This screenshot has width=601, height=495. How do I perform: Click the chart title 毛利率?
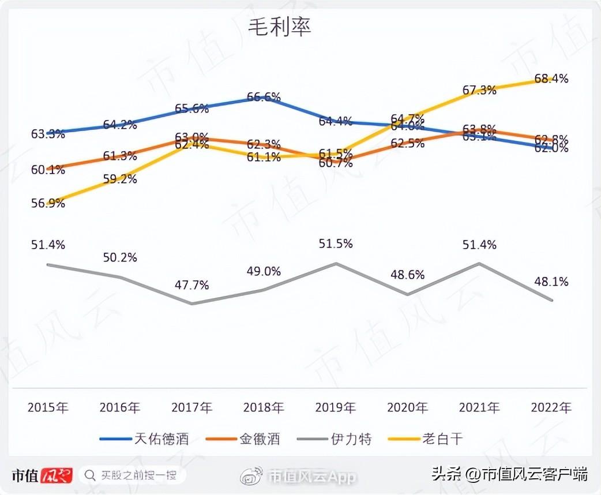pyautogui.click(x=280, y=27)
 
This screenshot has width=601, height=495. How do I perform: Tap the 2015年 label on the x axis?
pyautogui.click(x=48, y=408)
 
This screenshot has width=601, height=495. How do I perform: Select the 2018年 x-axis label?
pyautogui.click(x=264, y=408)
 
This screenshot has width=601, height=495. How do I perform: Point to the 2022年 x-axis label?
pyautogui.click(x=551, y=408)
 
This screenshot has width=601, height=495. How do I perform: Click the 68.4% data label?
pyautogui.click(x=551, y=78)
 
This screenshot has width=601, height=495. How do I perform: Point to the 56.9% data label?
pyautogui.click(x=48, y=203)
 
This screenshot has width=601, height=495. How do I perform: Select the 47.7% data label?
pyautogui.click(x=191, y=285)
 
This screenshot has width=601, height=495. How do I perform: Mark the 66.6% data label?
pyautogui.click(x=264, y=97)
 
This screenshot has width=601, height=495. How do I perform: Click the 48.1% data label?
pyautogui.click(x=551, y=282)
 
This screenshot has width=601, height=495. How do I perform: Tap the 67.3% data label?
pyautogui.click(x=479, y=90)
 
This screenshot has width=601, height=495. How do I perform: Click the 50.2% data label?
pyautogui.click(x=120, y=257)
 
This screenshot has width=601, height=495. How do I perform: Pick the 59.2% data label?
pyautogui.click(x=120, y=179)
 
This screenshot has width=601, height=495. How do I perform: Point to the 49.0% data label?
pyautogui.click(x=264, y=271)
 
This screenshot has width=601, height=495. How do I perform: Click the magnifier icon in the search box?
pyautogui.click(x=90, y=475)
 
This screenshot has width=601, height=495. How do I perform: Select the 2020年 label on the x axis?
pyautogui.click(x=407, y=408)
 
